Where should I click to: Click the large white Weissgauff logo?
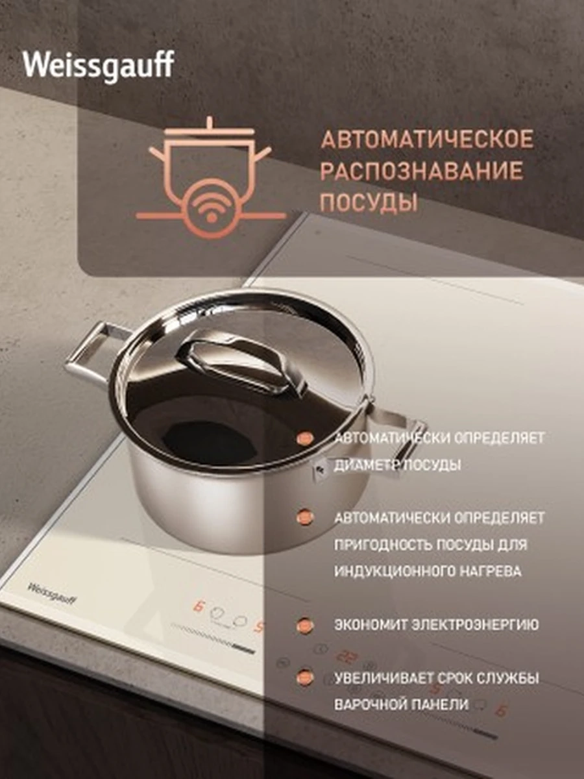[x=99, y=67]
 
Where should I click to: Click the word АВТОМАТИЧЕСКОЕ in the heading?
[x=427, y=140]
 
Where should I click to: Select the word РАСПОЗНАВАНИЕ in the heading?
[x=422, y=171]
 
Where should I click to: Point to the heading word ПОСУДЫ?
[x=369, y=203]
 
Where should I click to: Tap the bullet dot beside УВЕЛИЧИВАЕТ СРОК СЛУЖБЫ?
[x=305, y=677]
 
